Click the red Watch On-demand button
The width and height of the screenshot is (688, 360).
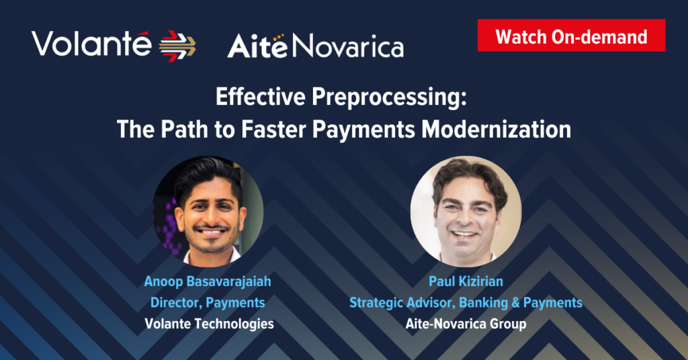pyautogui.click(x=571, y=36)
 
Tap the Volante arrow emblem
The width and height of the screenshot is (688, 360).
pyautogui.click(x=177, y=46)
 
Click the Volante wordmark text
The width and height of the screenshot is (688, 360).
pyautogui.click(x=91, y=44)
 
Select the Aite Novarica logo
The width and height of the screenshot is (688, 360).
pyautogui.click(x=316, y=46)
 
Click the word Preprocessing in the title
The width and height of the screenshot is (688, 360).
pyautogui.click(x=389, y=97)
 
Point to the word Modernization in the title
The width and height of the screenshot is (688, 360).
pyautogui.click(x=497, y=129)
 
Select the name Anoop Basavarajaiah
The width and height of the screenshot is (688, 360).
pyautogui.click(x=208, y=281)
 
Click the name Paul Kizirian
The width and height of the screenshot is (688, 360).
pyautogui.click(x=466, y=281)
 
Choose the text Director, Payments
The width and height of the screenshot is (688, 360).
pyautogui.click(x=208, y=302)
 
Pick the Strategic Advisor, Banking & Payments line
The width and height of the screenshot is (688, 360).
pyautogui.click(x=466, y=302)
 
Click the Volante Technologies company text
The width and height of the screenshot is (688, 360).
pyautogui.click(x=210, y=324)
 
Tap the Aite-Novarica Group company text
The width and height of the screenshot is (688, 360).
pyautogui.click(x=466, y=324)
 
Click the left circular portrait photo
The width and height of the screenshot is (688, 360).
pyautogui.click(x=208, y=212)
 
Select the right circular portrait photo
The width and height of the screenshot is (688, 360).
pyautogui.click(x=466, y=212)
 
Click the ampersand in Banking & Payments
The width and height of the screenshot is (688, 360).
pyautogui.click(x=515, y=302)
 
